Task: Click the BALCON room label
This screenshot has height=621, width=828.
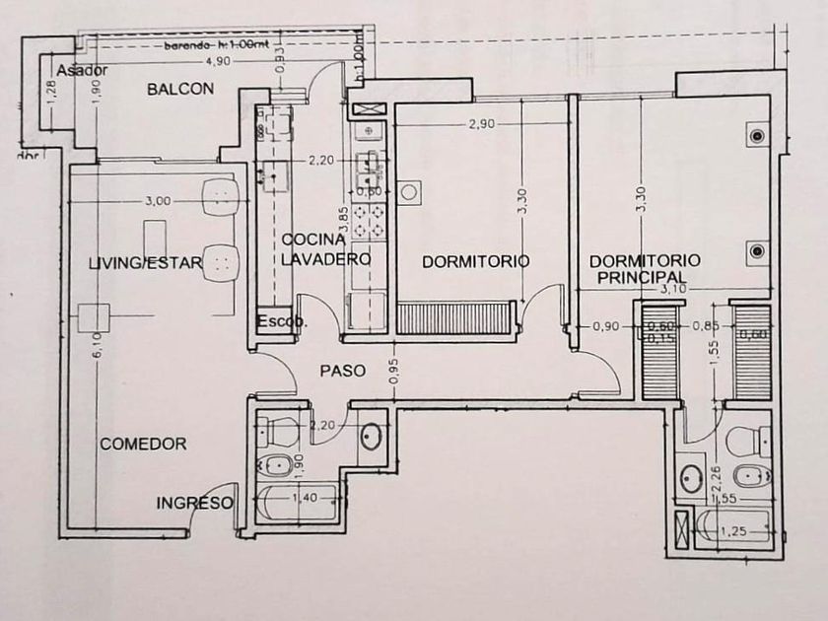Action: click(180, 89)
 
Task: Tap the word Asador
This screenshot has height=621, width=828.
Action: click(82, 71)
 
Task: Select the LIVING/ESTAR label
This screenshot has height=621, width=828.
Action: click(145, 262)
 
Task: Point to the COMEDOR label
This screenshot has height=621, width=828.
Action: click(143, 444)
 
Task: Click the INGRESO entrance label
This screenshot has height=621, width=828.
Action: click(194, 503)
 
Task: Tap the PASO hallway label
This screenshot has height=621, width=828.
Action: click(343, 371)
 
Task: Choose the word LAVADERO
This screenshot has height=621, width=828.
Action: click(326, 259)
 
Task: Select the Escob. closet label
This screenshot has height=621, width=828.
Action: click(281, 321)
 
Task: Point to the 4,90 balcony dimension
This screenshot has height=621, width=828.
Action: click(217, 61)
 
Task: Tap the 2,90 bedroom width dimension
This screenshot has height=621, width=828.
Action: click(482, 125)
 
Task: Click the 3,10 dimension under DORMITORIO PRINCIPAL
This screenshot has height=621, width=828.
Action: click(672, 289)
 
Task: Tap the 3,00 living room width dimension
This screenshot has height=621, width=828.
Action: click(158, 200)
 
